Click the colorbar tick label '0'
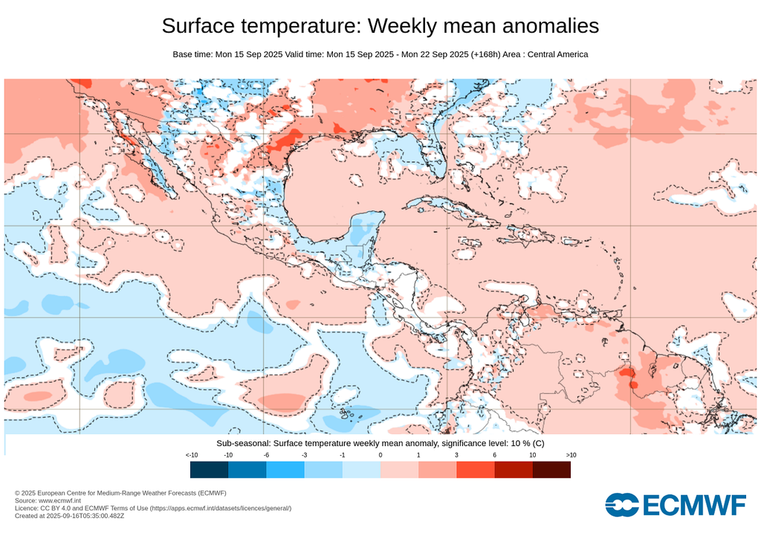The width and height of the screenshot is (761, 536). pos(380,454)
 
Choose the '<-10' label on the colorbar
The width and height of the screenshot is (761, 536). pos(191,454)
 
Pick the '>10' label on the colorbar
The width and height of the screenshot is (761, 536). pos(570,454)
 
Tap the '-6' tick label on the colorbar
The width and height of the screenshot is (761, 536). pos(266,454)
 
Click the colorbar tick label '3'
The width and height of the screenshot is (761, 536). pos(456,454)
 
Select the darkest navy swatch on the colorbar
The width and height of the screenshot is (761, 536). pos(209,469)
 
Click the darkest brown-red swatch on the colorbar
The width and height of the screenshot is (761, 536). pos(551,469)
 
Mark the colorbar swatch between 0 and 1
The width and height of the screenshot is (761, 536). pos(399,469)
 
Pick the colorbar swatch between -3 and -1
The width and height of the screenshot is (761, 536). pos(323,469)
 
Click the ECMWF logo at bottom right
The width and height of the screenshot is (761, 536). pos(675,505)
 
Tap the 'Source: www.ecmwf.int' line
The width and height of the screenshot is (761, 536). pos(48,501)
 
